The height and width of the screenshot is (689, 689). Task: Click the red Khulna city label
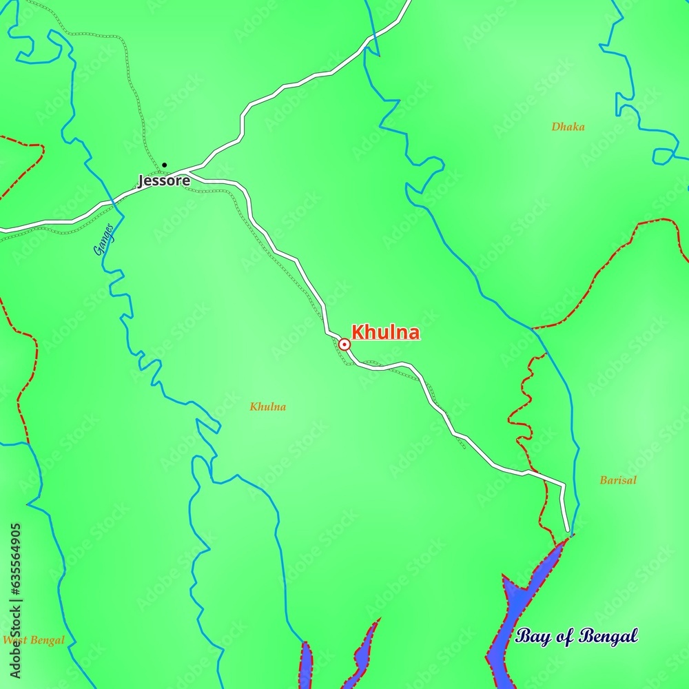point(385,333)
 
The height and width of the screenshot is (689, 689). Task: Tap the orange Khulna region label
point(268,407)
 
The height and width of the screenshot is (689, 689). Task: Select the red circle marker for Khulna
point(344,344)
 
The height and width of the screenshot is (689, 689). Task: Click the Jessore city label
point(164,181)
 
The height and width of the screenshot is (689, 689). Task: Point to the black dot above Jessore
point(164,165)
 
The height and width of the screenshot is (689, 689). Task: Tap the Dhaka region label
point(568,127)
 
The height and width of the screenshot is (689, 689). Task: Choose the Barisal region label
point(617,480)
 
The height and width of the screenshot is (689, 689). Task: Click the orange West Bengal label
point(33,640)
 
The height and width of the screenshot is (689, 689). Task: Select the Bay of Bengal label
point(576,636)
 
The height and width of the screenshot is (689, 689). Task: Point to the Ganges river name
point(103,239)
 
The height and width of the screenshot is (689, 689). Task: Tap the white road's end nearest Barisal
point(568,531)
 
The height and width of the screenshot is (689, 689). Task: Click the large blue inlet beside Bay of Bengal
point(517,606)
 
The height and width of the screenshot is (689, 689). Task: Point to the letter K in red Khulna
point(358,333)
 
